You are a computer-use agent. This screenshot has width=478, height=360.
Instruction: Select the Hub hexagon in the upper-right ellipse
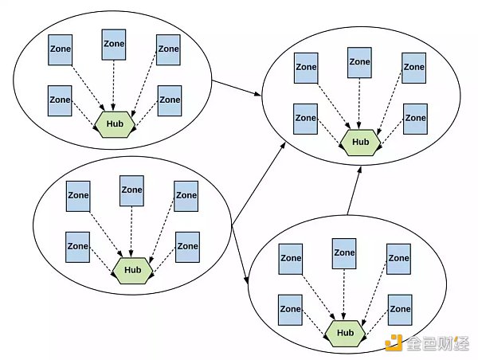(361, 142)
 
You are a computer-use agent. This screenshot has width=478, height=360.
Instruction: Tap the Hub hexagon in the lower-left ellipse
(132, 270)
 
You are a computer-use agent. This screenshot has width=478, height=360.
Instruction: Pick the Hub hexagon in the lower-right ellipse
(345, 332)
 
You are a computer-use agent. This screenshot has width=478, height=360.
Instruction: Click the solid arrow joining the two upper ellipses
(237, 87)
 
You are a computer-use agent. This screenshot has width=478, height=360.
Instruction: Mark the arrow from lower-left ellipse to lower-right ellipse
(240, 254)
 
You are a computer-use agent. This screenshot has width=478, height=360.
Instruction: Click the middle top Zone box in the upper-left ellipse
(114, 45)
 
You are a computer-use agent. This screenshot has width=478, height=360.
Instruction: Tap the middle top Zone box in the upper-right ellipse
(360, 63)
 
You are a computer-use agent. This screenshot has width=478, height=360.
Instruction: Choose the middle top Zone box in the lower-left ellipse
(131, 191)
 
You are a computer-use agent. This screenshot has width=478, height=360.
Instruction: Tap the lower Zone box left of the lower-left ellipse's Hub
(77, 247)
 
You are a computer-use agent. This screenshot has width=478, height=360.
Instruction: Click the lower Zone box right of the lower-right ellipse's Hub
(399, 309)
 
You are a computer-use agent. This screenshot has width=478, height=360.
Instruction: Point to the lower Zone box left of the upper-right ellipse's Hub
(305, 119)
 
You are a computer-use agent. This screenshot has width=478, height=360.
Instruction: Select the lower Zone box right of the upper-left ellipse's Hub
(169, 100)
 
